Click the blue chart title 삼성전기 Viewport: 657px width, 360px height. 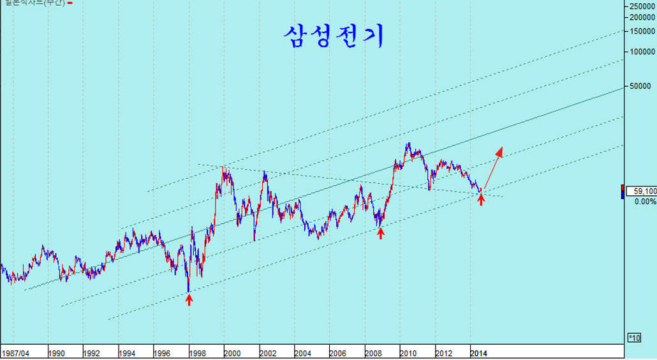pyautogui.click(x=333, y=37)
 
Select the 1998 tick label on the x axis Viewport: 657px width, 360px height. pyautogui.click(x=196, y=352)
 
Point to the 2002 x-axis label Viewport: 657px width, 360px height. pyautogui.click(x=267, y=352)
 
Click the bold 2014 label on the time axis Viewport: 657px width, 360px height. pyautogui.click(x=479, y=352)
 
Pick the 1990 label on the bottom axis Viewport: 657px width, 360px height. pyautogui.click(x=56, y=352)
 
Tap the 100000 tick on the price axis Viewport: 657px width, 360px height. pyautogui.click(x=642, y=51)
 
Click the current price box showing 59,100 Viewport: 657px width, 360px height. pyautogui.click(x=642, y=191)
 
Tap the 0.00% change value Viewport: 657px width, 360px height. pyautogui.click(x=645, y=201)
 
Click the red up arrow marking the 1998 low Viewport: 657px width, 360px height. pyautogui.click(x=189, y=299)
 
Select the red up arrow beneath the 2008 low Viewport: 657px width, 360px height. pyautogui.click(x=381, y=233)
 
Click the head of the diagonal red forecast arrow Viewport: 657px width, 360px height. pyautogui.click(x=501, y=151)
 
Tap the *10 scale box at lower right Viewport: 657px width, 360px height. pyautogui.click(x=634, y=337)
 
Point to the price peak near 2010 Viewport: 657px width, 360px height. pyautogui.click(x=408, y=144)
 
